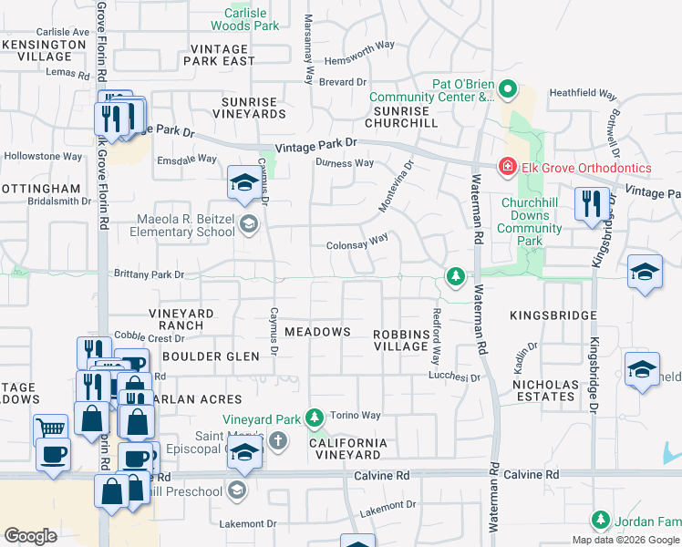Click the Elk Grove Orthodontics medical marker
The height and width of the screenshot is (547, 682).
click(x=505, y=167)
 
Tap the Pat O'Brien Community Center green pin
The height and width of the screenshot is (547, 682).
click(x=508, y=89)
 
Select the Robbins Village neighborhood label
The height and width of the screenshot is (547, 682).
click(x=401, y=340)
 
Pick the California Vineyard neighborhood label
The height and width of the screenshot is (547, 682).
click(x=347, y=449)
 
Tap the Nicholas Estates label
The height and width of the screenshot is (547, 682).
click(x=546, y=390)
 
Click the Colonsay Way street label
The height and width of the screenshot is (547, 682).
click(x=357, y=245)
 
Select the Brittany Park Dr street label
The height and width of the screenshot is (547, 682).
click(x=148, y=273)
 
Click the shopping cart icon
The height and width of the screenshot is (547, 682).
click(x=50, y=428)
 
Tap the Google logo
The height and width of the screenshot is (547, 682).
click(x=30, y=536)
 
